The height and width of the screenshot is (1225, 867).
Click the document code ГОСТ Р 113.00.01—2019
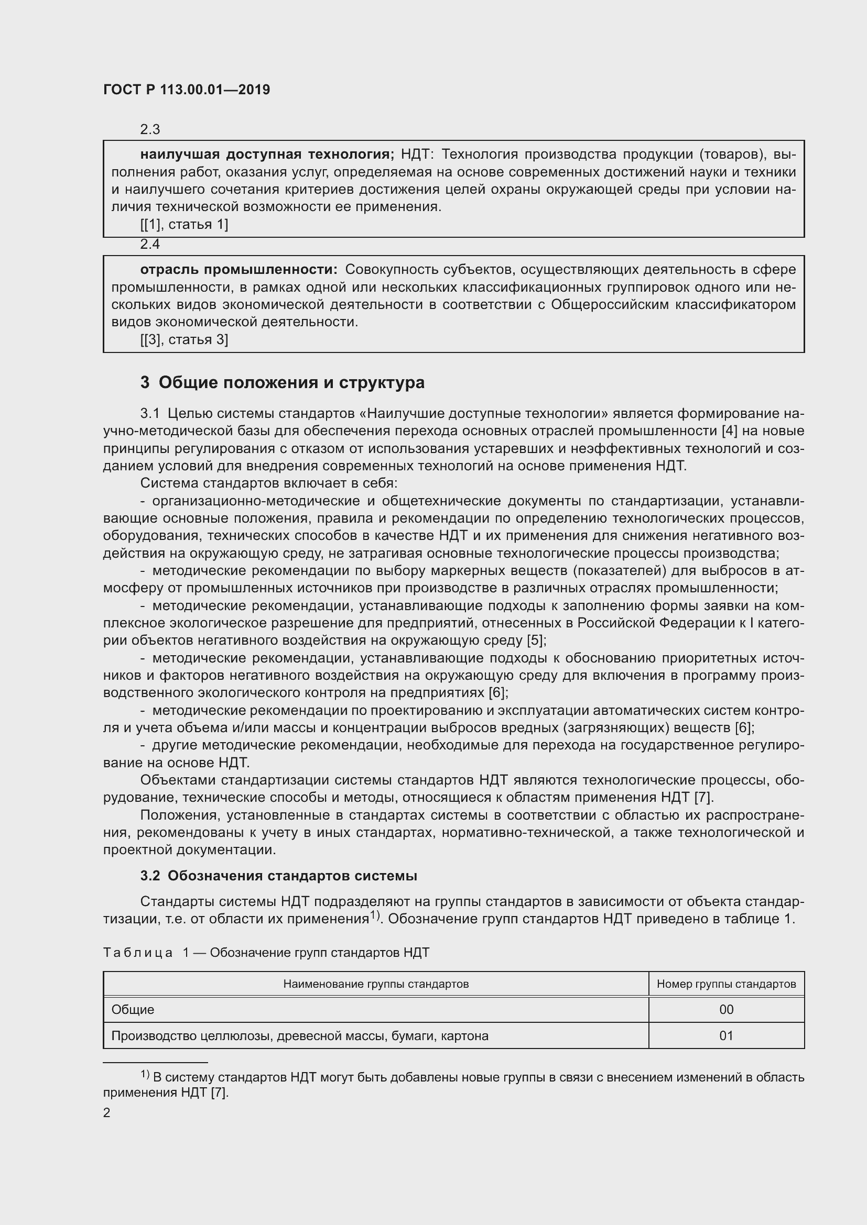click(x=186, y=90)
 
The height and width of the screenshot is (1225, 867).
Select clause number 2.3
click(x=150, y=129)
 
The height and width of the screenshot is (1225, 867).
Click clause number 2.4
click(x=150, y=244)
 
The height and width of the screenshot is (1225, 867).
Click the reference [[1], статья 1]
click(x=184, y=224)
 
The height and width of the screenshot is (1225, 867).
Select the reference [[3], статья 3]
click(x=184, y=339)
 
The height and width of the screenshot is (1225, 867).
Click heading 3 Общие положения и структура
click(x=283, y=382)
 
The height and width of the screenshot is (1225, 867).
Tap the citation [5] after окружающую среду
click(x=536, y=640)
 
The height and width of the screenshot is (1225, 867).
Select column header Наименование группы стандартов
click(x=376, y=984)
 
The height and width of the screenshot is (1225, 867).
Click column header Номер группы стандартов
click(x=726, y=984)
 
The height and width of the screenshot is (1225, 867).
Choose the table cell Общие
click(x=133, y=1009)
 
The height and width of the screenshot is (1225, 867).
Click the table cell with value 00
click(x=726, y=1009)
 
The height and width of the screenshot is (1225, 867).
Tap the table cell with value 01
click(x=726, y=1035)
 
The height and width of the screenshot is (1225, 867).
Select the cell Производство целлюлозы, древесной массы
click(x=299, y=1035)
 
